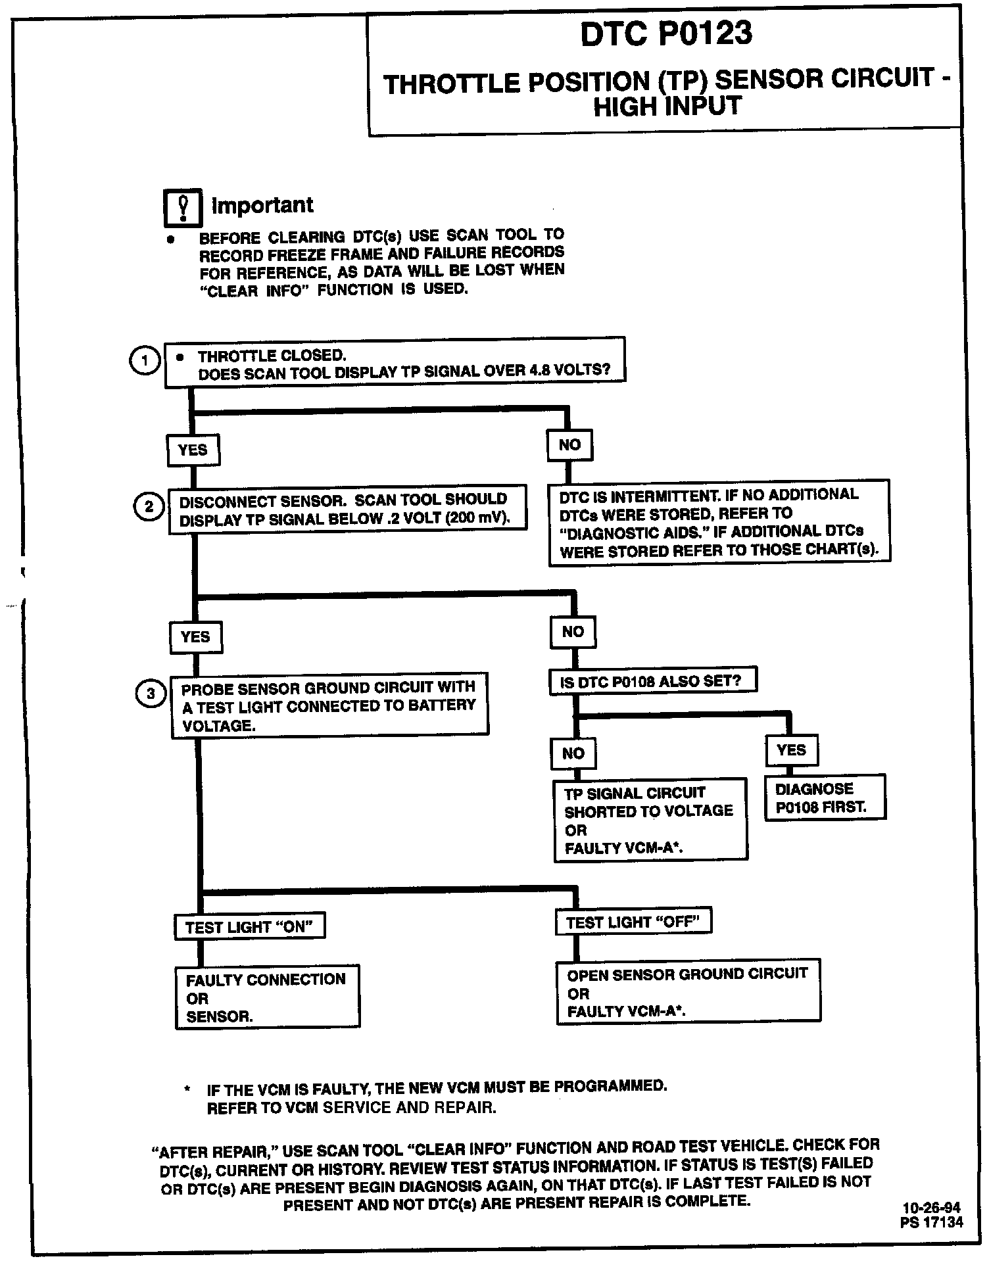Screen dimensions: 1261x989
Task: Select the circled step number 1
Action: [x=145, y=360]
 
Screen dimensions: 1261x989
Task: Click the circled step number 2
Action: [x=149, y=507]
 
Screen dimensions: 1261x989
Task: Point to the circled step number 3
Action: [x=151, y=694]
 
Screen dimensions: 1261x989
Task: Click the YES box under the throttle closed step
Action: [x=193, y=450]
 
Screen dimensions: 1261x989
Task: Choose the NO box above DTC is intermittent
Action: [x=569, y=445]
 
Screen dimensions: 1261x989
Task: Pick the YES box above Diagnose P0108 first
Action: [x=791, y=750]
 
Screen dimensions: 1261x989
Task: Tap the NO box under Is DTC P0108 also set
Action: [x=573, y=753]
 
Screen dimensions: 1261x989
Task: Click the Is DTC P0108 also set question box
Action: [x=652, y=680]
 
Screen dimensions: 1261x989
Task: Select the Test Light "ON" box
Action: [x=250, y=927]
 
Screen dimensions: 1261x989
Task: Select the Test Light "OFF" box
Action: [x=633, y=922]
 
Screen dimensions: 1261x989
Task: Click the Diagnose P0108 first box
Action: [x=825, y=797]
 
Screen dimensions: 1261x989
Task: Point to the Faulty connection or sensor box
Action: [x=267, y=997]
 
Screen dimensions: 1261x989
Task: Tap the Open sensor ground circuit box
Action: [x=688, y=992]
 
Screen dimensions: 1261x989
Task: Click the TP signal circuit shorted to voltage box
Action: [x=650, y=819]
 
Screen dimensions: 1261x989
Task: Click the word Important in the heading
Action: [x=262, y=205]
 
